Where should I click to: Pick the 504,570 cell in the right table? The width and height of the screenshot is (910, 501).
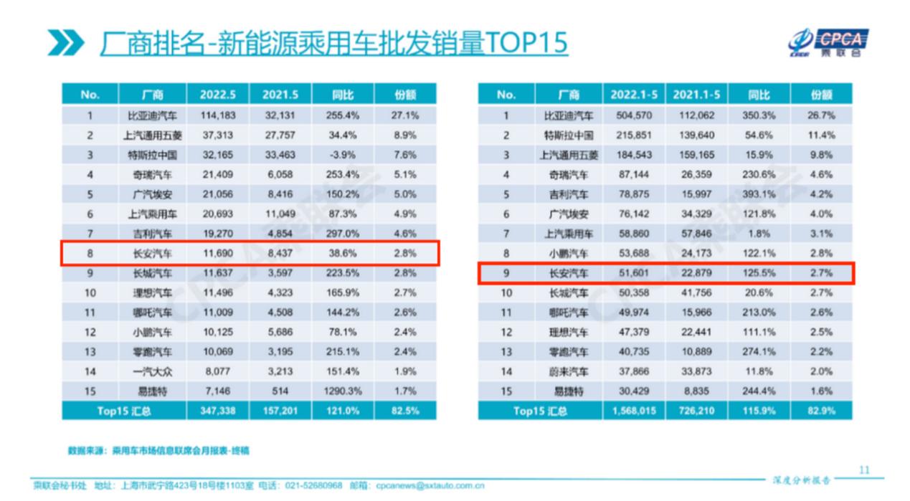tap(631, 115)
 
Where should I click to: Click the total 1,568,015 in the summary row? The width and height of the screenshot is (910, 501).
tap(631, 411)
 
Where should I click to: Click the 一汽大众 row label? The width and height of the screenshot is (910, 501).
tap(149, 371)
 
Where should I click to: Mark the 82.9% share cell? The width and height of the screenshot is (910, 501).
tap(821, 411)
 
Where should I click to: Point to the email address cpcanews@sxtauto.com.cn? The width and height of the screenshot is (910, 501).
tap(430, 485)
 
